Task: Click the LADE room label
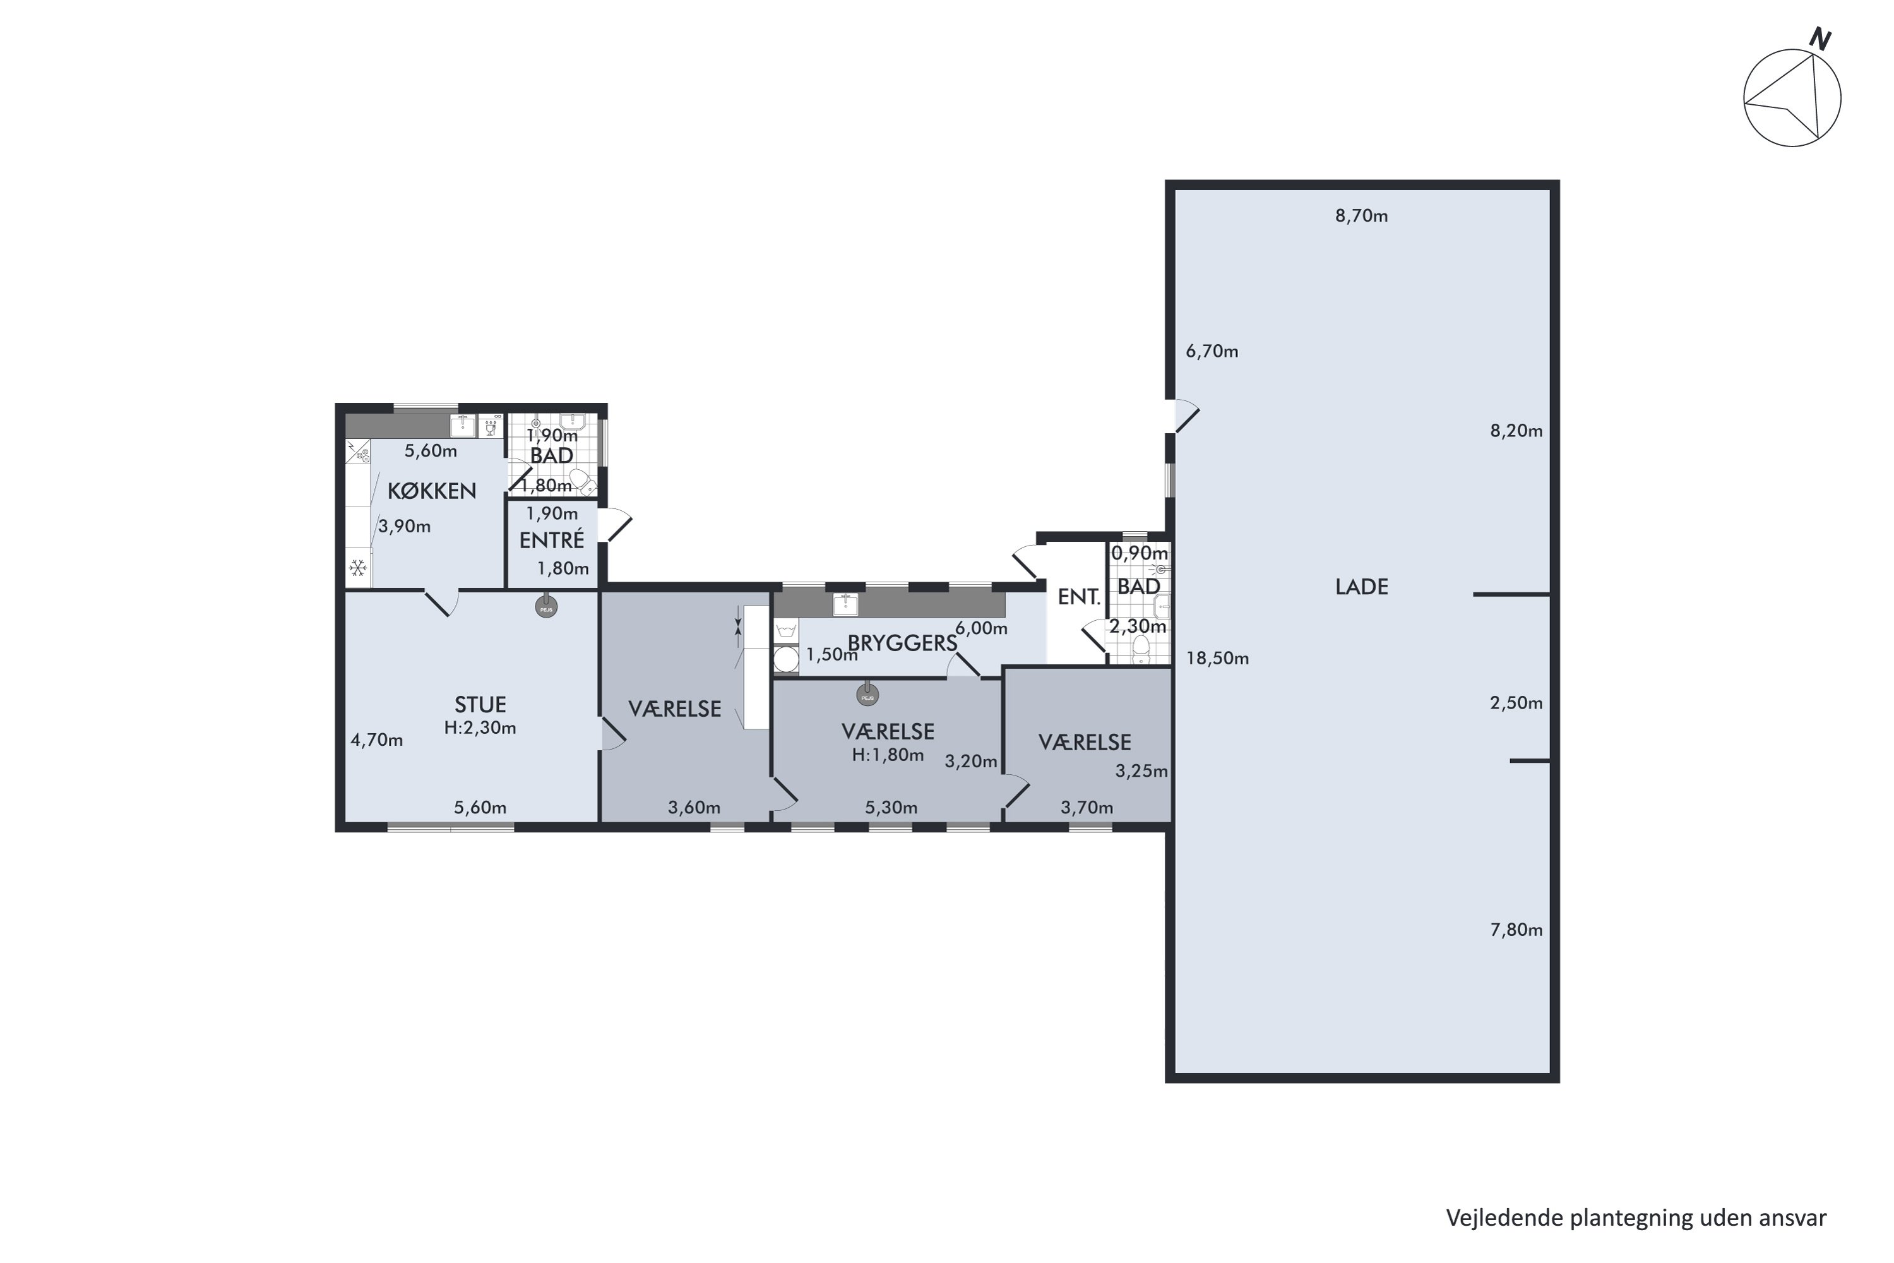point(1362,587)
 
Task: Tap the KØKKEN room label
point(432,491)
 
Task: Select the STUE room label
point(480,705)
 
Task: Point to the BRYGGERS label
point(902,643)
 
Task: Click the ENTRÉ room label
point(552,540)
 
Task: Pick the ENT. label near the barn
point(1079,597)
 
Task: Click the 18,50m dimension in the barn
point(1218,658)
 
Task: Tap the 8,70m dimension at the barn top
point(1362,215)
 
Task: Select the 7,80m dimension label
point(1516,930)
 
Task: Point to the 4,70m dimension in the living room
point(377,739)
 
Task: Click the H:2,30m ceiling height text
point(480,727)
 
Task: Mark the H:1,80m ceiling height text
point(888,755)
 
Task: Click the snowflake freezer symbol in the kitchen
point(357,569)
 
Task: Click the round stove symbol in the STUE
point(546,608)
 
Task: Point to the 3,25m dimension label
point(1141,771)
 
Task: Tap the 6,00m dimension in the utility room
point(981,628)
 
